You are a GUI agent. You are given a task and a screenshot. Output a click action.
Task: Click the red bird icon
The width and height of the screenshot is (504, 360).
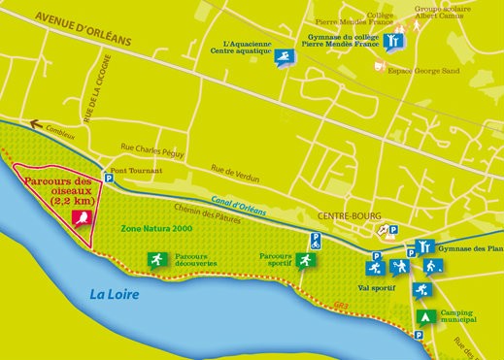(84, 216)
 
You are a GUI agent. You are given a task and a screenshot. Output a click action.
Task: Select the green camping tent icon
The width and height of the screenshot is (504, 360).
(423, 316)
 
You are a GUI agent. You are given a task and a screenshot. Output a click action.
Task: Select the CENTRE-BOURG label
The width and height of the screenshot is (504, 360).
(348, 216)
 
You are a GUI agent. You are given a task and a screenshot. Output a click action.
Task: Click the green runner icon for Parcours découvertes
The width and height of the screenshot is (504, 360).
(153, 259)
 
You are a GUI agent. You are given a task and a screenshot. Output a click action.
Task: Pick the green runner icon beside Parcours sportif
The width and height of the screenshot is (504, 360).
(304, 261)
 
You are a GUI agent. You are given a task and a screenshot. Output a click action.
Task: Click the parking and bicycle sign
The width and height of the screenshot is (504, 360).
(386, 231)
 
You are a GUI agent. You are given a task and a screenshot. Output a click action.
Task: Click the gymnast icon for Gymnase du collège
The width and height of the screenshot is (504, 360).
(391, 42)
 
